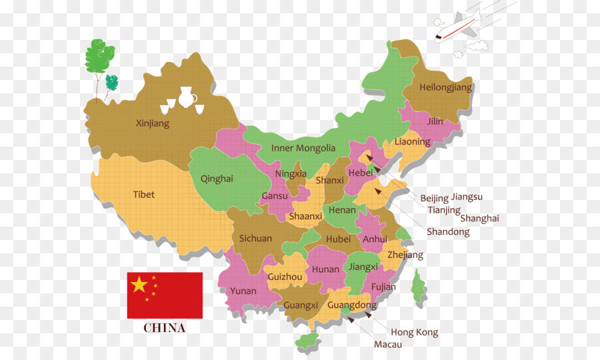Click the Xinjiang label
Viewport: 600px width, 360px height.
tap(153, 123)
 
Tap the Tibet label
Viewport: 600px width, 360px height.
tap(143, 195)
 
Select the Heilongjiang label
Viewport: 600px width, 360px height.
tap(445, 87)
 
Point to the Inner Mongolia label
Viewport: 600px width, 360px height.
tap(303, 148)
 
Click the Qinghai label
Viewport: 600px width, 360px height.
tap(217, 179)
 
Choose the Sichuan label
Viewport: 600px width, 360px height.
tap(255, 238)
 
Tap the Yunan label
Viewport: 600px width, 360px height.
tap(243, 291)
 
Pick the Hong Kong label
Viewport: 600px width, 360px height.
tap(414, 332)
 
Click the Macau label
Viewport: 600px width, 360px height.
tap(387, 345)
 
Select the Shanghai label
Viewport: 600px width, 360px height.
tap(479, 218)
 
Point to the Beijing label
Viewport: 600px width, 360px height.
tap(434, 198)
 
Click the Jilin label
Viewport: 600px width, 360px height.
tap(435, 121)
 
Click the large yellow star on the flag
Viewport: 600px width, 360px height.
tap(139, 285)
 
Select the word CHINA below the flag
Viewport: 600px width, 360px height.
tap(165, 328)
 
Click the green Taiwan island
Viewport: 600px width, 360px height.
tap(418, 287)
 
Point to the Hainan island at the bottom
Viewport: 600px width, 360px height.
tap(307, 341)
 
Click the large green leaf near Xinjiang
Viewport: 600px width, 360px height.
tap(99, 57)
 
